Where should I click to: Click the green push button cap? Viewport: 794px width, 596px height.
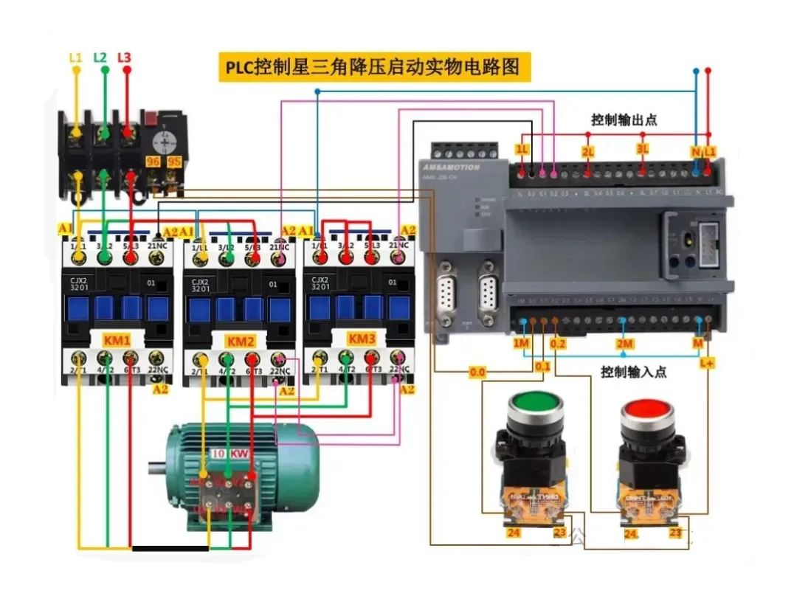click(x=535, y=404)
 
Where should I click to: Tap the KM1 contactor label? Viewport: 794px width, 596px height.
click(x=117, y=341)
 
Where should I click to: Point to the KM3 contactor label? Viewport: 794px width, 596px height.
click(x=362, y=339)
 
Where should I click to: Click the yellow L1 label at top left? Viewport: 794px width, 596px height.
click(x=75, y=57)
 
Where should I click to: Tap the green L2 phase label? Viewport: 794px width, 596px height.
click(x=100, y=57)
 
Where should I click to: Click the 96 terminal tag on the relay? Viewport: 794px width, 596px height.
click(x=153, y=161)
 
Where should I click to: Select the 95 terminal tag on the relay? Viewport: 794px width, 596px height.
click(x=174, y=161)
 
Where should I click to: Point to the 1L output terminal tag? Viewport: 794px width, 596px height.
click(x=522, y=150)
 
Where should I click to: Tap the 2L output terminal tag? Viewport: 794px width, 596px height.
click(x=587, y=151)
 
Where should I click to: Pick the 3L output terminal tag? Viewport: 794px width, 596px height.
click(x=643, y=150)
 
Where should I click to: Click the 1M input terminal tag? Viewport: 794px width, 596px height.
click(x=522, y=343)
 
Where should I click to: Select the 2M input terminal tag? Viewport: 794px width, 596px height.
click(x=624, y=344)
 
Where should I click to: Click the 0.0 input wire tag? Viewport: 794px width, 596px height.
click(x=477, y=372)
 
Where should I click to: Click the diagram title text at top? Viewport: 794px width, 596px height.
click(x=374, y=67)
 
